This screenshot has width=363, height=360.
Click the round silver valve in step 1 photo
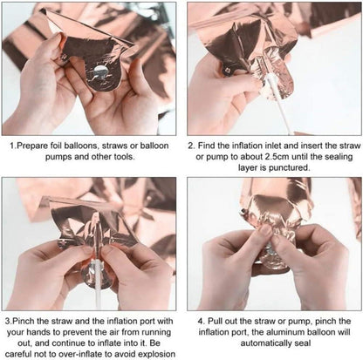(100, 71)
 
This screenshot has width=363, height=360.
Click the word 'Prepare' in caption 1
(32, 146)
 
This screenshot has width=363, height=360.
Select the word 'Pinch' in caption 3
(24, 321)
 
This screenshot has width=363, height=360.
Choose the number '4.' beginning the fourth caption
(202, 322)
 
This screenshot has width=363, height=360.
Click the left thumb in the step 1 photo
(55, 46)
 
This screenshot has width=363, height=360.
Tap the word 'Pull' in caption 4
(215, 321)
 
